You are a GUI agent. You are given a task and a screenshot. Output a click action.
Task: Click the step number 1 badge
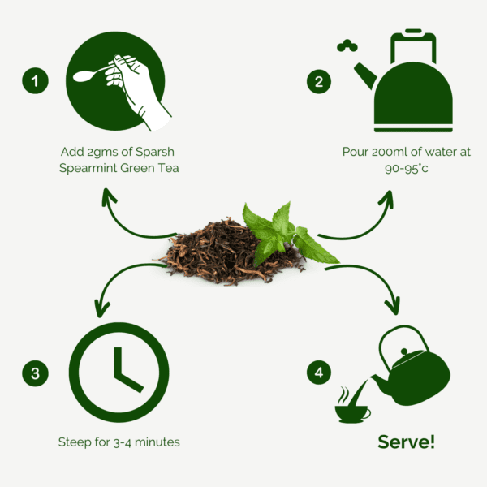pos(35,80)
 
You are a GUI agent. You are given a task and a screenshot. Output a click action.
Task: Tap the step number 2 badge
pos(319,81)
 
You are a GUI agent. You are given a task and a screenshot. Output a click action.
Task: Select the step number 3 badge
pos(35,373)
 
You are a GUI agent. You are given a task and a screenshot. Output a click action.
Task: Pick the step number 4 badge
pos(319,373)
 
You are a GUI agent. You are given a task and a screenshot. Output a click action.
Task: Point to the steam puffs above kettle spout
pos(347,45)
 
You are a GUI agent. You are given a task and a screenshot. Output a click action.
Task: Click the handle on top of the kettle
pos(413,46)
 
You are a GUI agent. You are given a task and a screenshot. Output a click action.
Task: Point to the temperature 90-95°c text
pos(407,168)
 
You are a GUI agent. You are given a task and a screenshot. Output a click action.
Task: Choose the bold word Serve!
pos(406,442)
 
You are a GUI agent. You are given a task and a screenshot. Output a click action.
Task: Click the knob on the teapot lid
pos(403,351)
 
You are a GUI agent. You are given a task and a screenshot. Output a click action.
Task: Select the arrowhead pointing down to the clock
pos(102,308)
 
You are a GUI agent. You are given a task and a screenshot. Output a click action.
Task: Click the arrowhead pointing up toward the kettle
pos(387,198)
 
